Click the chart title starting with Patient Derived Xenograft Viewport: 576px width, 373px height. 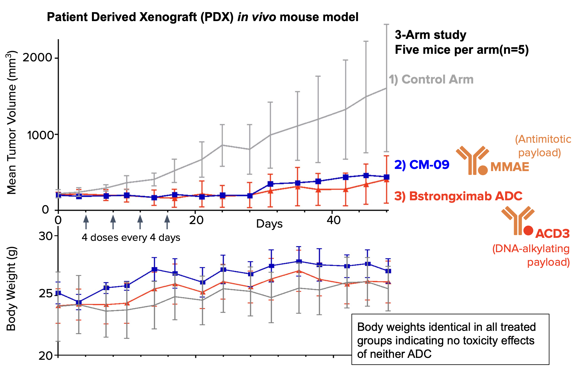coord(203,17)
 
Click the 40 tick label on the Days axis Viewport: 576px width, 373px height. coord(333,221)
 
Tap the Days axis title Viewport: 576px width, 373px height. coord(269,224)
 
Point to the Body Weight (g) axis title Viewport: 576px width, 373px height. coord(11,289)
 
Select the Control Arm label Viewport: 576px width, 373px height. coord(431,79)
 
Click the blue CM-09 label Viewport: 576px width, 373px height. coord(422,165)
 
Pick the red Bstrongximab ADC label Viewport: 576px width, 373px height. coord(458,196)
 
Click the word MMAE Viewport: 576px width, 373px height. coord(509,167)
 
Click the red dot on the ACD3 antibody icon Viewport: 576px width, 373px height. coord(528,231)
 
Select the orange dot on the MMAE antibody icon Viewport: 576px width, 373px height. coord(483,170)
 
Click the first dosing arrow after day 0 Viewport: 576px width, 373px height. coord(86,222)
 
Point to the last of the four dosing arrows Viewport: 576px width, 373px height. coord(167,222)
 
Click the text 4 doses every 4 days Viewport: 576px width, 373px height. coord(131,238)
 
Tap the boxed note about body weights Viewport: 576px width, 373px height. coord(450,339)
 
